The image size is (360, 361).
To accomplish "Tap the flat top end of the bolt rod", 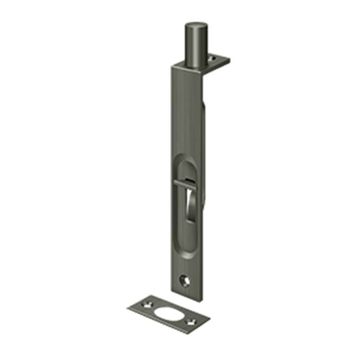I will coord(197,25).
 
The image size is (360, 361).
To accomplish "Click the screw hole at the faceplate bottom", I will coord(184,281).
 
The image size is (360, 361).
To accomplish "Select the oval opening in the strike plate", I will coord(168,312).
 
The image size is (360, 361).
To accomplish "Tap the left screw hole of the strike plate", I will coord(148,303).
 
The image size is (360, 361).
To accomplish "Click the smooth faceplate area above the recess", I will coord(187,111).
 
